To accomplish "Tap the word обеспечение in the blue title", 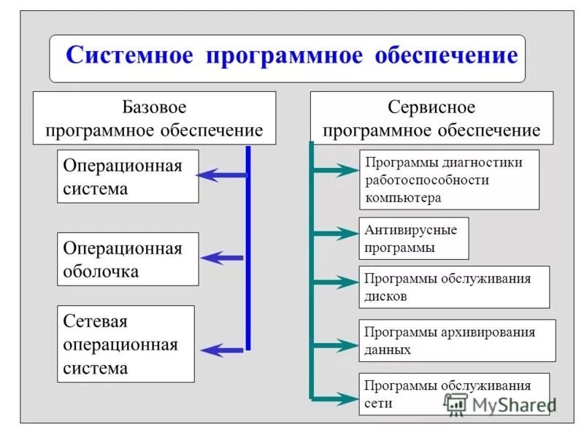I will point(447,56).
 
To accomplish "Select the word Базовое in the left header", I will point(154,107).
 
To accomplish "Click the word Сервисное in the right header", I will point(431,107).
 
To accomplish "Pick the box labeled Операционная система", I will point(128,177).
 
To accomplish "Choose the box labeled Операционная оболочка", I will point(128,259).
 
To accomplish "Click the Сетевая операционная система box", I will point(126,344).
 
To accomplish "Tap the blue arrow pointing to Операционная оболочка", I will point(222,257).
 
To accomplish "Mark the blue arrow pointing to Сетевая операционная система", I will point(222,350).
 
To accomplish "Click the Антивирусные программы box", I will point(413,239).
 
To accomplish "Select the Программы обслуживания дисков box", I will point(454,287).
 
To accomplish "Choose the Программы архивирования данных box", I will point(457,340).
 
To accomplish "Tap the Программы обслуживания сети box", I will point(454,394).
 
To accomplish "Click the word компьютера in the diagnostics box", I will point(403,198).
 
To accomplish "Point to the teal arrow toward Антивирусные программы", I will point(334,234).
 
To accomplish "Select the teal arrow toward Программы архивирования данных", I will point(334,344).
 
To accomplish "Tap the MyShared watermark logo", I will point(500,404).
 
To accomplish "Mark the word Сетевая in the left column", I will point(96,321).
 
